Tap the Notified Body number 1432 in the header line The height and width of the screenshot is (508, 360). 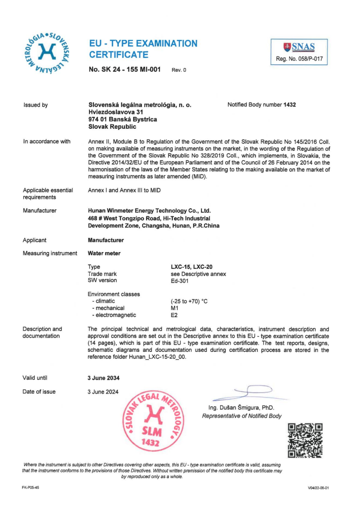[x=289, y=105]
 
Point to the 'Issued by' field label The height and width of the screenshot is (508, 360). [x=35, y=105]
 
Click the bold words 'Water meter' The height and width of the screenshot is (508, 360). [x=104, y=253]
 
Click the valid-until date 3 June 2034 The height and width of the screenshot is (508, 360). [x=103, y=378]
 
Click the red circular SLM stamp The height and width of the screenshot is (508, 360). [x=152, y=419]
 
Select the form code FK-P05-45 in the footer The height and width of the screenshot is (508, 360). [x=30, y=487]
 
